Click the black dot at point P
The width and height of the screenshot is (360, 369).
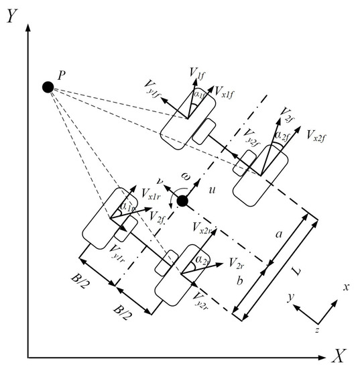(47, 87)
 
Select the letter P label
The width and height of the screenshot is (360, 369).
(61, 76)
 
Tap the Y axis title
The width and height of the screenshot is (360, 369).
(11, 17)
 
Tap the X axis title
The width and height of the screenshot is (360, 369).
(340, 355)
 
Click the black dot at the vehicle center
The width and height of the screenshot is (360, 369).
(182, 201)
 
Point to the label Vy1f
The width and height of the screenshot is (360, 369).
(153, 85)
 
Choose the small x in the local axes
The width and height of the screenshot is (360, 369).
(347, 286)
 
